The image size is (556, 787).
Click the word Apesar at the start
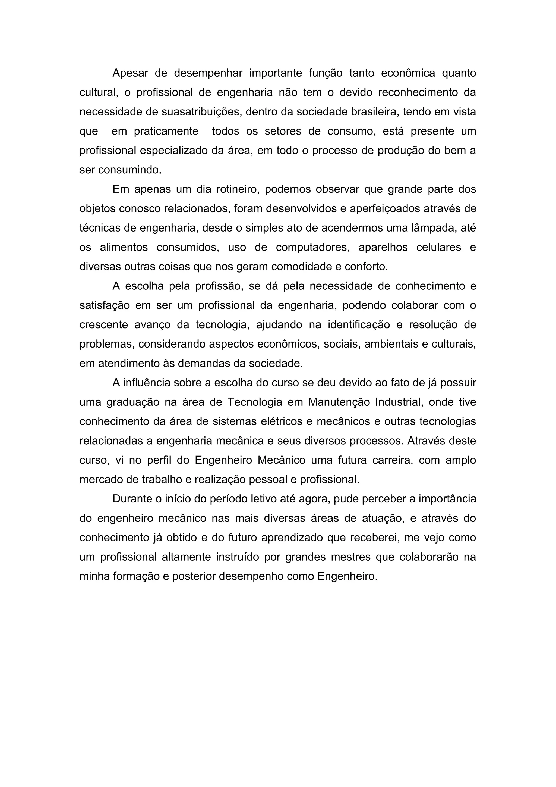[x=130, y=73]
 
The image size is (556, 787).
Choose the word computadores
[x=312, y=248]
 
